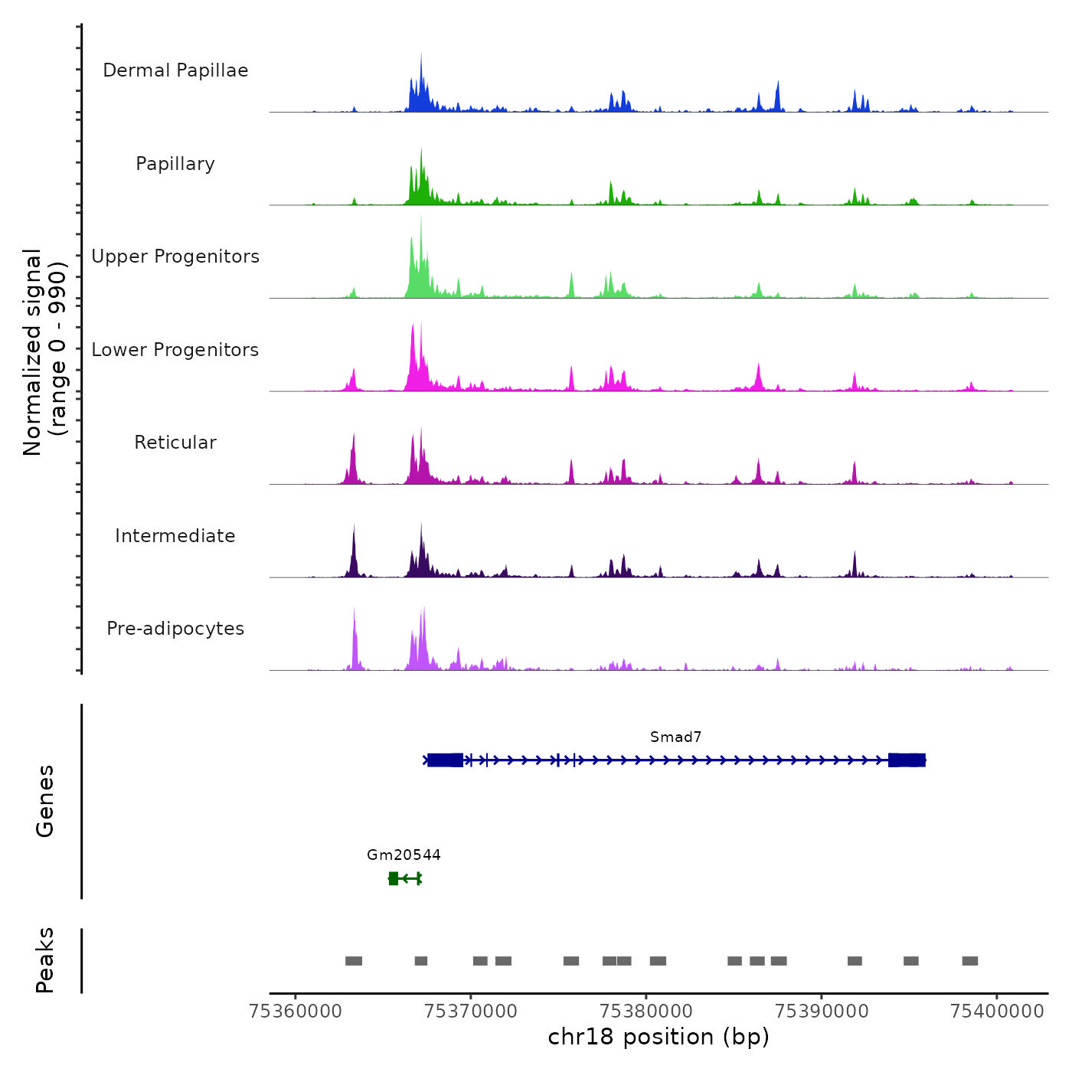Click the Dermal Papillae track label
tap(175, 70)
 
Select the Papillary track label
tap(175, 164)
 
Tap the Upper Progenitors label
tap(175, 257)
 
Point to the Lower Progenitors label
tap(175, 350)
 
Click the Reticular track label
tap(175, 443)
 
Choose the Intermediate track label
tap(175, 536)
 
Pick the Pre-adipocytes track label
tap(175, 629)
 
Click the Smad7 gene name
tap(675, 737)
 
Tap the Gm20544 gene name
tap(404, 855)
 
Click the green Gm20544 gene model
tap(405, 878)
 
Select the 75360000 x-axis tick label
tap(296, 1011)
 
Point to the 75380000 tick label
tap(646, 1011)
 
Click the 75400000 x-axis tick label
tap(997, 1011)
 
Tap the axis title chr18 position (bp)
tap(659, 1037)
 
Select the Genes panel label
tap(45, 801)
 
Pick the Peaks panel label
tap(45, 960)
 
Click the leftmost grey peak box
tap(354, 961)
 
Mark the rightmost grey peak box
tap(970, 961)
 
